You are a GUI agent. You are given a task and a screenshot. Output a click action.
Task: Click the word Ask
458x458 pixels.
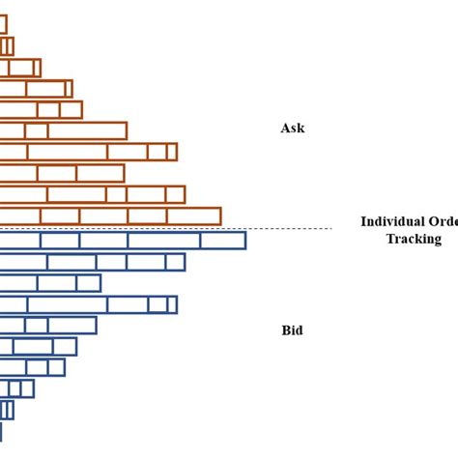pos(292,128)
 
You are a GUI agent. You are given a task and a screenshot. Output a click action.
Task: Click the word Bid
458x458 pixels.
pos(292,330)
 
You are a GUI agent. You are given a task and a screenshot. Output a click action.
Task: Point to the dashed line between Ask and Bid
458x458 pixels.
pos(290,229)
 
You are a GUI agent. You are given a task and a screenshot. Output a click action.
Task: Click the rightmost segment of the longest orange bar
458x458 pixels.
pos(193,216)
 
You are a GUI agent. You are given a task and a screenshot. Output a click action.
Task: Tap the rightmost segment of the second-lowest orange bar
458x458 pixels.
pos(176,194)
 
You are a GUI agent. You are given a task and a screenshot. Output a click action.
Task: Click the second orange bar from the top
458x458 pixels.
pos(9,45)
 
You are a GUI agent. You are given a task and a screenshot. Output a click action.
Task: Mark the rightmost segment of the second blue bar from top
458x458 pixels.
pos(175,262)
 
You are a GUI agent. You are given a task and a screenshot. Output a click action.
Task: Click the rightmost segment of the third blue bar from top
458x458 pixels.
pos(88,283)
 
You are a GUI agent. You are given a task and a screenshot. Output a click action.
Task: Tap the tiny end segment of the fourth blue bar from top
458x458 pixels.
pos(172,304)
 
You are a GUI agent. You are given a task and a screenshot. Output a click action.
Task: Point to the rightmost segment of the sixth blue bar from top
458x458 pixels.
pos(65,346)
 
